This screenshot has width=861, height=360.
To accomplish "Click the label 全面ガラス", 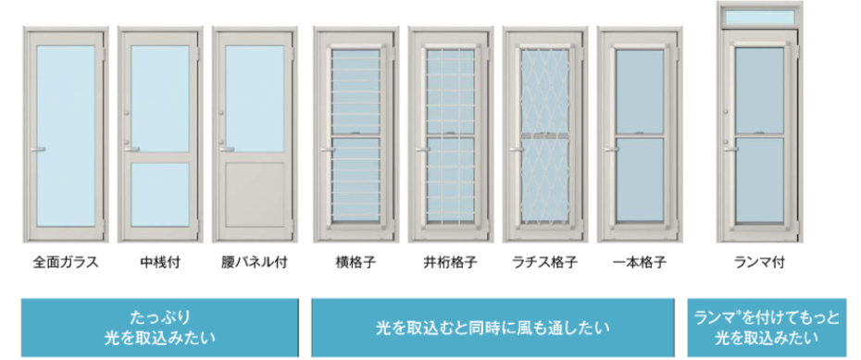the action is [66, 262].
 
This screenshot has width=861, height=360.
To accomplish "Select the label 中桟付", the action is [160, 262].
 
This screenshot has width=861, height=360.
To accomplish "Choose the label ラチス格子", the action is [544, 262].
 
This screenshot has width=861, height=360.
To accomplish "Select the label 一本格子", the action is [640, 262].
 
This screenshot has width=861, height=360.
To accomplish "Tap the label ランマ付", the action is [764, 262].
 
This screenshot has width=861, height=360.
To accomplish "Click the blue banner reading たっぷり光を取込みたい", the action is [160, 327].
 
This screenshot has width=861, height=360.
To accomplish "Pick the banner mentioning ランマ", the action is [767, 327].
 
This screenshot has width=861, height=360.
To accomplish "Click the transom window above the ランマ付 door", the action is [765, 17].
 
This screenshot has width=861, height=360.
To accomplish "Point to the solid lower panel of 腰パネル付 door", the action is [255, 195].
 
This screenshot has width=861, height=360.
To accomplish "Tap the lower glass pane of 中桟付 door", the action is [160, 195].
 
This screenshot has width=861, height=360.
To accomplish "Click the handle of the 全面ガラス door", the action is [38, 148].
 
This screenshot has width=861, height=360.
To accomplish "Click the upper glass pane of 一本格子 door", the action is [640, 90].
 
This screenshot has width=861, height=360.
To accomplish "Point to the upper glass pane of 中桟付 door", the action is [160, 96].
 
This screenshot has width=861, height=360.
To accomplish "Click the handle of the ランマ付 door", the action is [731, 147].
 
